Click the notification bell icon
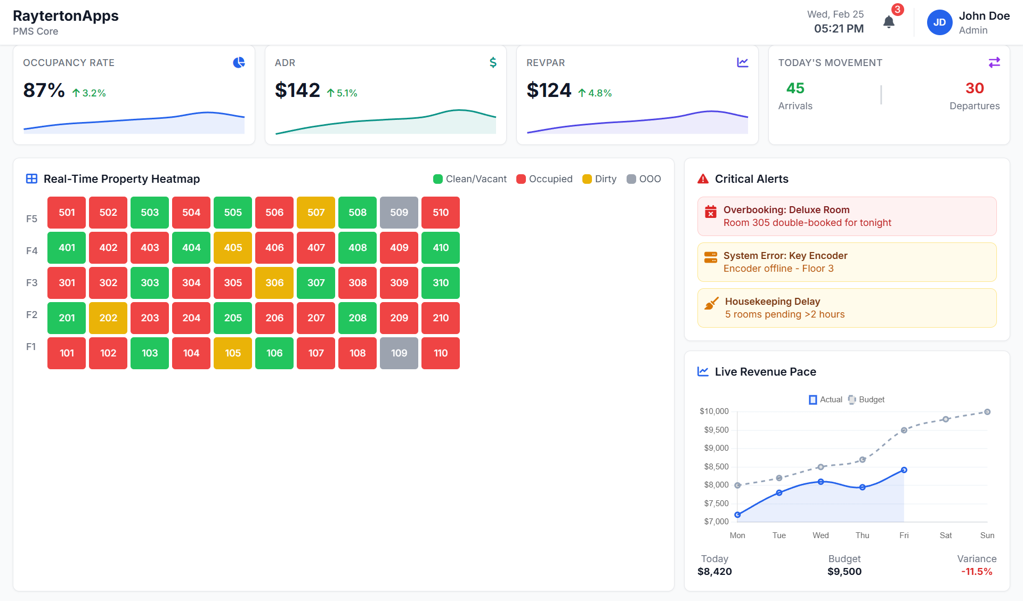pos(889,22)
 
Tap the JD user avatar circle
pos(939,22)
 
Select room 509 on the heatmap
pos(399,213)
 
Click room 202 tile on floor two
pos(108,318)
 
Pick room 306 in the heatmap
pos(274,283)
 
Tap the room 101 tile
pos(67,353)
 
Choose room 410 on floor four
pos(441,248)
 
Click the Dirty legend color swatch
pos(587,179)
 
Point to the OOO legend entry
pos(644,179)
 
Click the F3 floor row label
pos(32,283)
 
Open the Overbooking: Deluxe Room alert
pos(847,216)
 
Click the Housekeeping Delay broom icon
pos(711,304)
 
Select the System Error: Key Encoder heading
pos(785,256)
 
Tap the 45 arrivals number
pos(795,88)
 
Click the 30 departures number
pos(975,88)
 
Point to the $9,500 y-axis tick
pos(716,430)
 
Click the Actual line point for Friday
pos(904,470)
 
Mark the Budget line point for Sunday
pos(987,412)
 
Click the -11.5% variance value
pos(977,572)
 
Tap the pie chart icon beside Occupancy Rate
pos(239,63)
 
